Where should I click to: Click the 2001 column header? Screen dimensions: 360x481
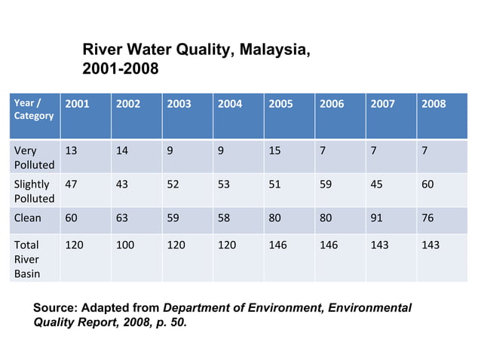[77, 104]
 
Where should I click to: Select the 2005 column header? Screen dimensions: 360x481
[280, 104]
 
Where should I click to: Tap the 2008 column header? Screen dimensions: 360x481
[434, 104]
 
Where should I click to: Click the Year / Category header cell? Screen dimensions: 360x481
[34, 109]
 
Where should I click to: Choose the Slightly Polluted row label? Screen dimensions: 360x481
[34, 191]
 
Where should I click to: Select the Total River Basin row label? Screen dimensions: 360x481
[29, 259]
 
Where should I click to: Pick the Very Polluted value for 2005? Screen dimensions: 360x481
[275, 150]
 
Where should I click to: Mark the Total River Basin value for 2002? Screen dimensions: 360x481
[125, 246]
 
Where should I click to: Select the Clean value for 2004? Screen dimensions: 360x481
[225, 218]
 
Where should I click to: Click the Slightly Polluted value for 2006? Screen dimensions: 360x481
[326, 184]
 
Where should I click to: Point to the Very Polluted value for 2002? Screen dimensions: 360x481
[122, 150]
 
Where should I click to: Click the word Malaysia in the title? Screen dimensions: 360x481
[271, 51]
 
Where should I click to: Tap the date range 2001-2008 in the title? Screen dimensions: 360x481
[120, 70]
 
